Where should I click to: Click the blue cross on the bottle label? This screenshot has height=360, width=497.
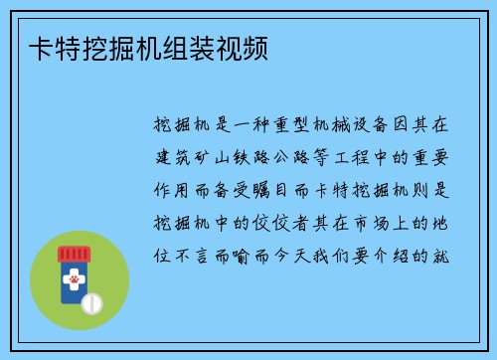pyautogui.click(x=70, y=271)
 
